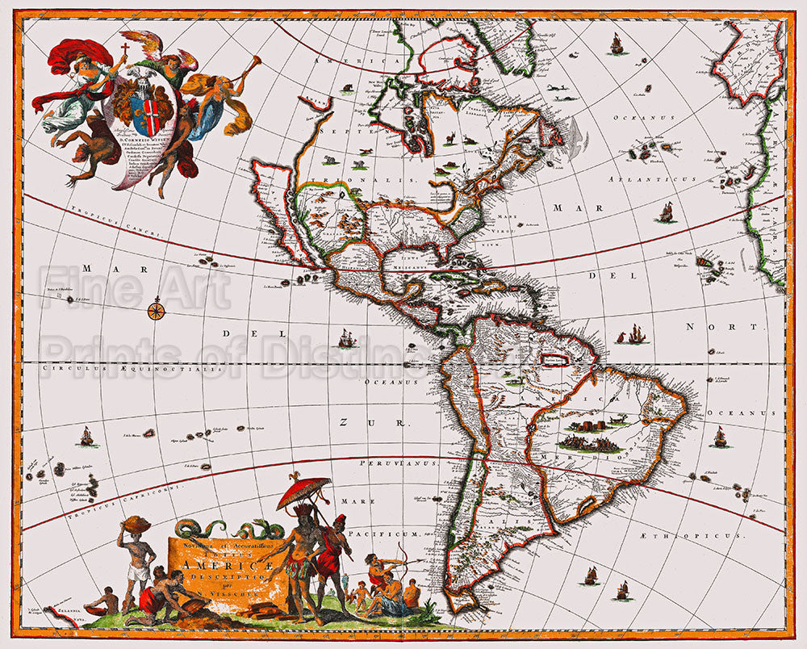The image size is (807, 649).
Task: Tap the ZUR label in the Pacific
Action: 349,422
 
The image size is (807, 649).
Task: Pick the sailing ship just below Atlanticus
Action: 667,212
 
